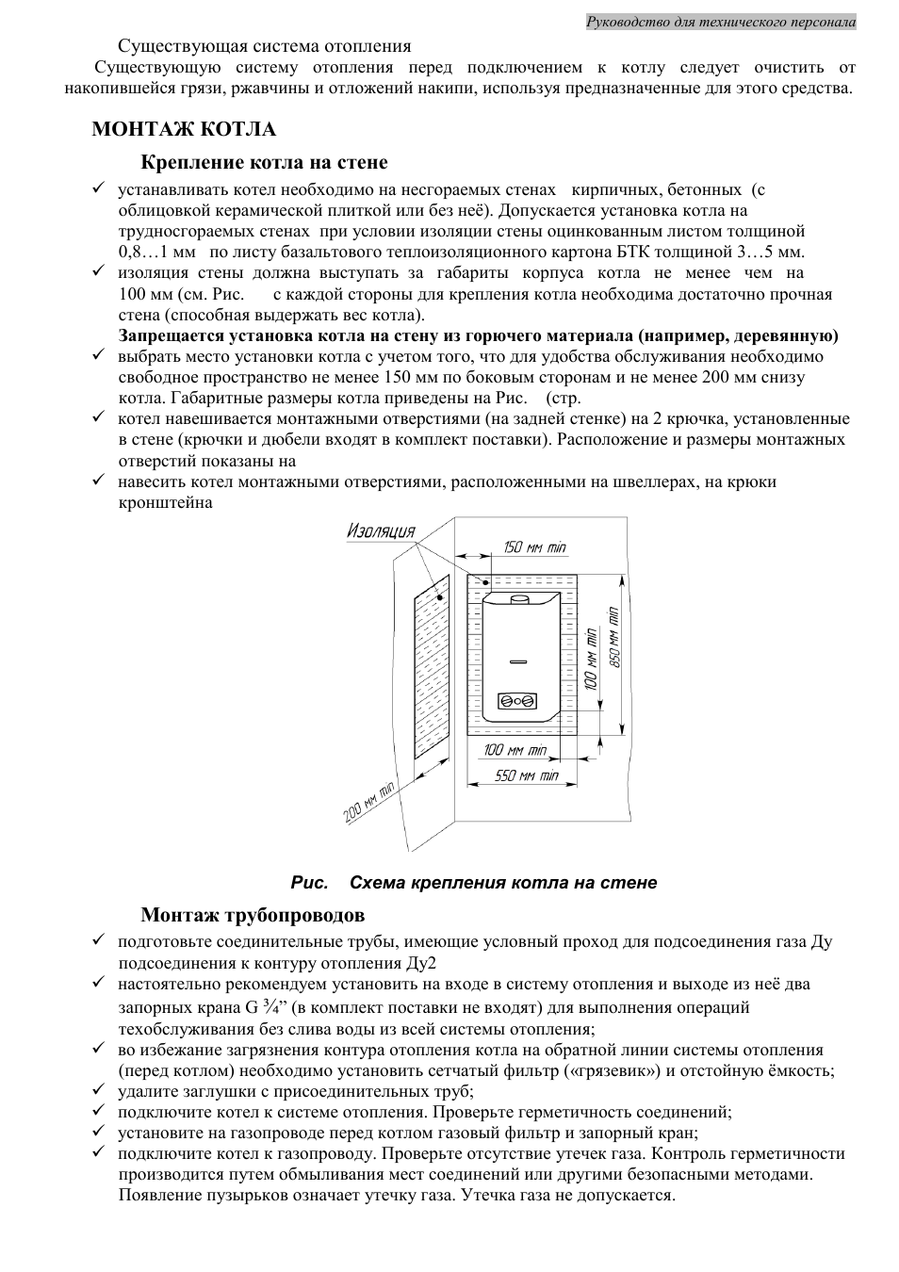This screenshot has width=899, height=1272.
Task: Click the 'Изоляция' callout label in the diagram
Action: tap(381, 530)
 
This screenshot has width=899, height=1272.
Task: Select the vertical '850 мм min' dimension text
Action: tap(613, 636)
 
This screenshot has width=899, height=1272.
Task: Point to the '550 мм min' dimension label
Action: tap(527, 775)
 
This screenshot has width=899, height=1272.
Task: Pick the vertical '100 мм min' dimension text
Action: tap(591, 656)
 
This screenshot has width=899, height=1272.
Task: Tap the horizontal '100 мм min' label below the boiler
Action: tap(515, 751)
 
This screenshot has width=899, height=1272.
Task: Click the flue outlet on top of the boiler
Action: tap(518, 599)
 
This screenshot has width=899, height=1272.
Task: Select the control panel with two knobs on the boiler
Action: tap(516, 701)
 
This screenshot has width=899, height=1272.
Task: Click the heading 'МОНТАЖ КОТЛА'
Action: tap(184, 129)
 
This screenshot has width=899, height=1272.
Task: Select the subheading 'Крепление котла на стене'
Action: tap(264, 163)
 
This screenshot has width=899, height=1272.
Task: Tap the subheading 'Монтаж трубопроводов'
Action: tap(253, 915)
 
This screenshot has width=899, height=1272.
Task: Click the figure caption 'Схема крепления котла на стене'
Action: tap(503, 883)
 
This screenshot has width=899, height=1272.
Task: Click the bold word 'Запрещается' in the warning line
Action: tap(167, 335)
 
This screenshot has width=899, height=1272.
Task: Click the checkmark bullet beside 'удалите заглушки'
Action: tap(97, 1090)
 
